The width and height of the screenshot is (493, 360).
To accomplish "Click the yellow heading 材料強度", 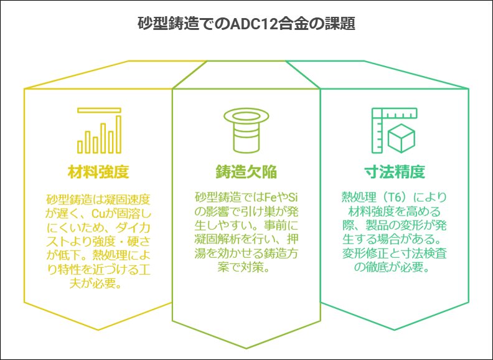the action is point(98,172).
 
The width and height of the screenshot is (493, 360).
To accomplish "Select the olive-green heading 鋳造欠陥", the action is point(247,172).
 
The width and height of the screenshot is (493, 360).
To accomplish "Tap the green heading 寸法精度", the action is point(395,172).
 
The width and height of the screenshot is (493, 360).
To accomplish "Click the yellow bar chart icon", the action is point(100,131).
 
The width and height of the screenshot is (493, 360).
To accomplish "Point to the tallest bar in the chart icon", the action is point(118,135).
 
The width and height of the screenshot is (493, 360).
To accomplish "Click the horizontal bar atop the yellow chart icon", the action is point(100,110).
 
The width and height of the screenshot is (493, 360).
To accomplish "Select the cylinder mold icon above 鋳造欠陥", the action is point(247,131).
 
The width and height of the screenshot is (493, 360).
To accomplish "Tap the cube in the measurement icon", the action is point(401,138).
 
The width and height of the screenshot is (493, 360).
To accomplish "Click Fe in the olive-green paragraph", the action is point(271,197).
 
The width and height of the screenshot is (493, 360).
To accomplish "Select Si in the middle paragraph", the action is point(293,197).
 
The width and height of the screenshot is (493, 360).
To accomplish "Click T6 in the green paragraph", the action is point(394,197).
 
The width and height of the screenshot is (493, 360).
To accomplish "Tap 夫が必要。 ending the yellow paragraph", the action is point(96,284).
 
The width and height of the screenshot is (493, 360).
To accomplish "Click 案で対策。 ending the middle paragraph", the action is point(243,267).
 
